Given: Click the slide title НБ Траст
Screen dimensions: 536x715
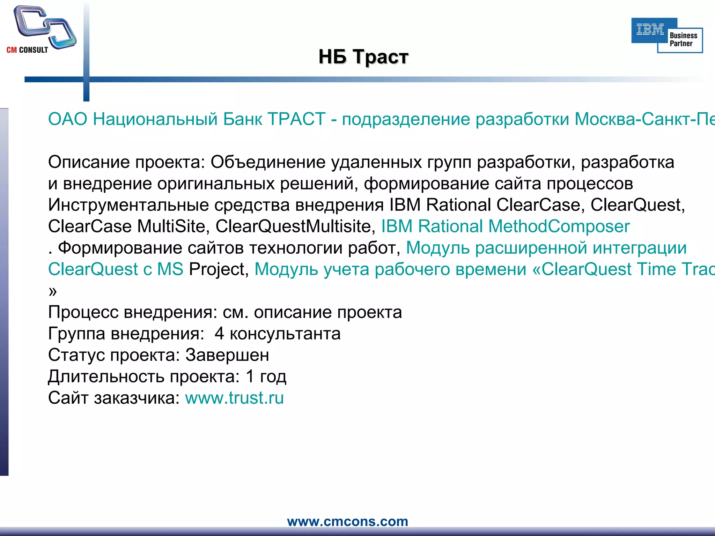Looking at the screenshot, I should [363, 57].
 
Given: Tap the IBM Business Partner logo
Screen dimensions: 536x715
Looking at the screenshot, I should [667, 35].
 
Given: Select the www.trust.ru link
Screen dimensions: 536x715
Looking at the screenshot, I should [234, 398].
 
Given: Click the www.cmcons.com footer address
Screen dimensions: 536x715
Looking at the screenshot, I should [347, 521].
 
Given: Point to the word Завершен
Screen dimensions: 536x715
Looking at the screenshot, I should [227, 355].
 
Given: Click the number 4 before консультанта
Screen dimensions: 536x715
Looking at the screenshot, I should [219, 334].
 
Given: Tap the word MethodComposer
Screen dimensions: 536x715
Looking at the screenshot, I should [559, 226].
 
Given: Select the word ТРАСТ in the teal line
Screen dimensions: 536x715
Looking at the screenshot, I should [296, 119].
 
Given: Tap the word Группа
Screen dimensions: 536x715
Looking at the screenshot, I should [76, 334].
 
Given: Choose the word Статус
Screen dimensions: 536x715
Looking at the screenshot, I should [76, 355].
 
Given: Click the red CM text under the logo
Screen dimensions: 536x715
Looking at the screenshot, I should [12, 50].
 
